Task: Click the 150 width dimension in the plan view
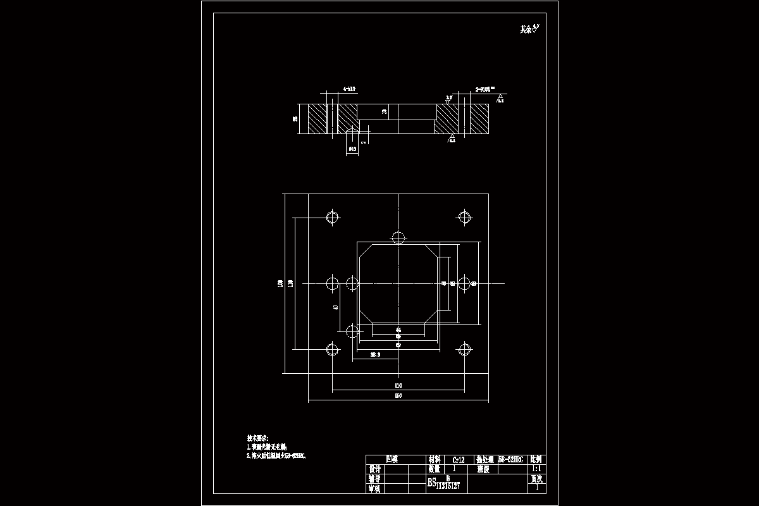point(398,396)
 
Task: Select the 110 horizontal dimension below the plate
point(398,385)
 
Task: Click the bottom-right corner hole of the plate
point(465,349)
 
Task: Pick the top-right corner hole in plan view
point(465,217)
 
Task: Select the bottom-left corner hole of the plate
point(332,349)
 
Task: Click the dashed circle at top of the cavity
point(398,238)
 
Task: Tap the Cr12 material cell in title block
point(459,460)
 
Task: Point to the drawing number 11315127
point(448,485)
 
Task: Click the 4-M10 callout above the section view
point(349,90)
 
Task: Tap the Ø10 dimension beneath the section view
point(352,149)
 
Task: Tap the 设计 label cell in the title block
point(375,469)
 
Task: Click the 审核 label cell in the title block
point(375,488)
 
